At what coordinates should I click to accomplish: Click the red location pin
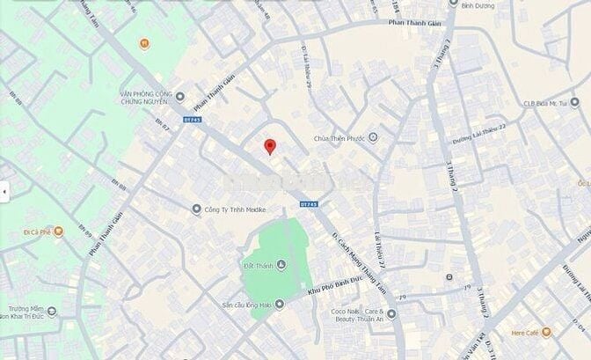coord(271,146)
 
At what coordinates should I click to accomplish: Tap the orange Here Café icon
coord(545,333)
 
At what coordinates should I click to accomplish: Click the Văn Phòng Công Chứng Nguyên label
coord(143,96)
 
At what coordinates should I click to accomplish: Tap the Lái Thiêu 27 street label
coord(381,259)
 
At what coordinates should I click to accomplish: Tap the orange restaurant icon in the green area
coord(143,41)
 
